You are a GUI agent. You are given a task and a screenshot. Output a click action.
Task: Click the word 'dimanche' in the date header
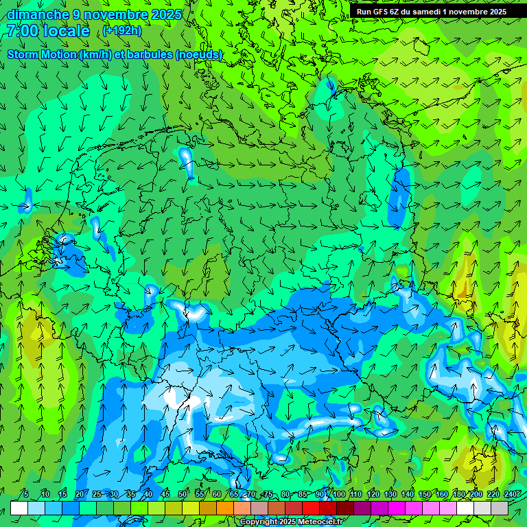38,14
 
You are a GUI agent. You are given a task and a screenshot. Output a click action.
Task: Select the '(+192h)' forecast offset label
123,31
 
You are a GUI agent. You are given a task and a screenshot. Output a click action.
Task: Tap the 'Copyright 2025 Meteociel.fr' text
291,522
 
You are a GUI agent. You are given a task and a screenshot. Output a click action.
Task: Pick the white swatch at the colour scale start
19,508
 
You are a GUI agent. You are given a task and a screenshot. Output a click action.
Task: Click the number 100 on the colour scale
338,494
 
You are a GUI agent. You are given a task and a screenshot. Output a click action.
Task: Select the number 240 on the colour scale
511,494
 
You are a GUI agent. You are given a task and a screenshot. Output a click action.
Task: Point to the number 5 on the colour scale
26,494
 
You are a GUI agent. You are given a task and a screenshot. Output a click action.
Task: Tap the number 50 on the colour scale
183,494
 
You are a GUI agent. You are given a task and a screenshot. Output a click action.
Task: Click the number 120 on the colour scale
373,494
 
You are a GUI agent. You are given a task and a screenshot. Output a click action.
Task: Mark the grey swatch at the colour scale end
500,508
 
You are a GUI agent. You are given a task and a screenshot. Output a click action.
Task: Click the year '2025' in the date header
167,14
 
